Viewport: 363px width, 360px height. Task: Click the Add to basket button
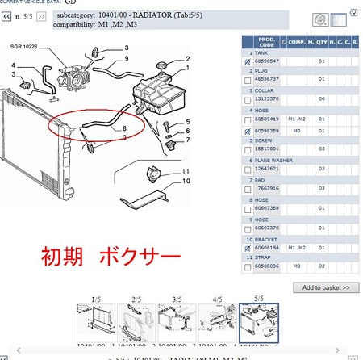tap(326, 287)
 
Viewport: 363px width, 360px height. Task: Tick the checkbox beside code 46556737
tap(247, 81)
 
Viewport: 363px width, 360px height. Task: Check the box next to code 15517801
tap(247, 149)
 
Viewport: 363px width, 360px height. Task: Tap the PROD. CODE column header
tap(267, 42)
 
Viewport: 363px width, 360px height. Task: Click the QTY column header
tap(322, 42)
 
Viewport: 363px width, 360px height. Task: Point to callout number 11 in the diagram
tap(185, 171)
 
